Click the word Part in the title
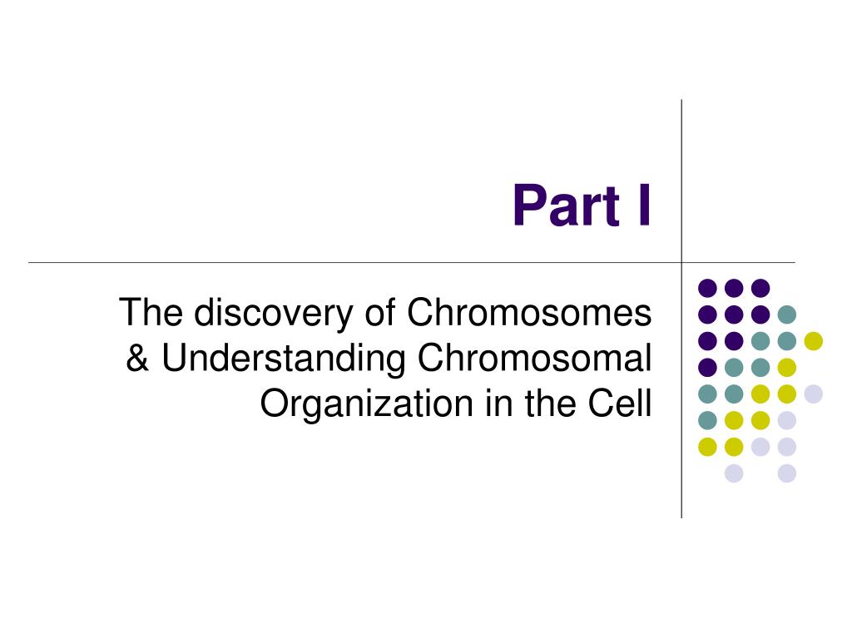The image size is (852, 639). (x=566, y=206)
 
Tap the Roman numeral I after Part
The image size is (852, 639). (x=645, y=206)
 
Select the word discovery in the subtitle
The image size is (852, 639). (x=274, y=314)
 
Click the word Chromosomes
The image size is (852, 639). (x=529, y=313)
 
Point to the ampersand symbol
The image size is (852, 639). (x=137, y=358)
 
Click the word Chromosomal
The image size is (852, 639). (x=535, y=358)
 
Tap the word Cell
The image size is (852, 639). (x=620, y=404)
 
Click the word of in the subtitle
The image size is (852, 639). (x=379, y=313)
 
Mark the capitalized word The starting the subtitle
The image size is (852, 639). (x=151, y=313)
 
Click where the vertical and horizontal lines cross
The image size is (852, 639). (x=681, y=262)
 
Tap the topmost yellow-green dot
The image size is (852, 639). (x=814, y=340)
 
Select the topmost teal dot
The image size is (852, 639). (x=787, y=314)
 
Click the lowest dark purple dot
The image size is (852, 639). (x=707, y=367)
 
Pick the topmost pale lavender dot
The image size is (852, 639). (x=814, y=394)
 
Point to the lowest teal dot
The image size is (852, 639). (x=707, y=420)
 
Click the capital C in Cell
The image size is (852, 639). (x=602, y=404)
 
